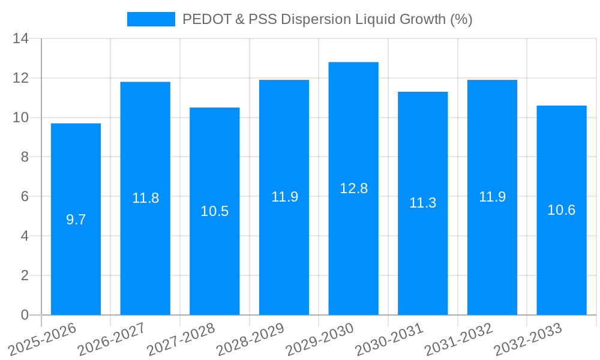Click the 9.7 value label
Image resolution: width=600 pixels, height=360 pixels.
point(76,220)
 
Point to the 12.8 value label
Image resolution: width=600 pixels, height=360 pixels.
point(353,188)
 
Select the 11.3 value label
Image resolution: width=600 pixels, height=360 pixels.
point(423,203)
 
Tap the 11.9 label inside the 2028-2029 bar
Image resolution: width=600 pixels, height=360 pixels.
point(284,197)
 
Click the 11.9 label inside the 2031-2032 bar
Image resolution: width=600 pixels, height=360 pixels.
point(493,197)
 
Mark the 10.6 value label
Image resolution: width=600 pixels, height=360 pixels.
point(562,210)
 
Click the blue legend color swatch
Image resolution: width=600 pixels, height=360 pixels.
point(151,19)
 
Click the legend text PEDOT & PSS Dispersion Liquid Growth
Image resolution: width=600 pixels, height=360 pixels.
point(328,19)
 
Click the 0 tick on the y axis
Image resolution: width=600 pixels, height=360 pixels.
point(25,315)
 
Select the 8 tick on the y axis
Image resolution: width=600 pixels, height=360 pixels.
point(25,157)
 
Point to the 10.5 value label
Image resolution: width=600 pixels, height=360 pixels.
point(215,211)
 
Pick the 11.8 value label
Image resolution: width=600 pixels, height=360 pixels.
point(145,198)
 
